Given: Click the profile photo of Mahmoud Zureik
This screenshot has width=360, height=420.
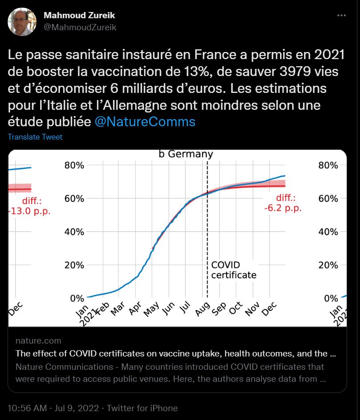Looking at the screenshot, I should pyautogui.click(x=22, y=21).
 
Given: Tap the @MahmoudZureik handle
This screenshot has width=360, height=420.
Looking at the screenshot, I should pyautogui.click(x=80, y=28).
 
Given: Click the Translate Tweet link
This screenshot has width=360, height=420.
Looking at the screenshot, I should pyautogui.click(x=35, y=137).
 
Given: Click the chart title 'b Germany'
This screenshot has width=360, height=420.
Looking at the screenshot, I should pyautogui.click(x=186, y=154).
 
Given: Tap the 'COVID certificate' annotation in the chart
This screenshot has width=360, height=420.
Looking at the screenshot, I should pyautogui.click(x=233, y=270).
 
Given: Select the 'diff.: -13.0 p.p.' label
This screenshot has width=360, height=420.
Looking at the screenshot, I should pyautogui.click(x=29, y=206).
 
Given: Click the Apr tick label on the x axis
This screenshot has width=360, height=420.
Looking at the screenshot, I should pyautogui.click(x=136, y=308).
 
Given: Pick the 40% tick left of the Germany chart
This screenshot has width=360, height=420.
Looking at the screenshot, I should pyautogui.click(x=75, y=232).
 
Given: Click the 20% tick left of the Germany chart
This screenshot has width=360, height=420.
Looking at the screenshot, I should pyautogui.click(x=75, y=265).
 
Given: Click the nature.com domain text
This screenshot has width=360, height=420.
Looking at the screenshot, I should pyautogui.click(x=38, y=341).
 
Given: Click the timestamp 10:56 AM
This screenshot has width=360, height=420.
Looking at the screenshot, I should pyautogui.click(x=28, y=408).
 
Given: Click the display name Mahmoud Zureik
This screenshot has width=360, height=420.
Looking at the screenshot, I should pyautogui.click(x=80, y=16).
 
